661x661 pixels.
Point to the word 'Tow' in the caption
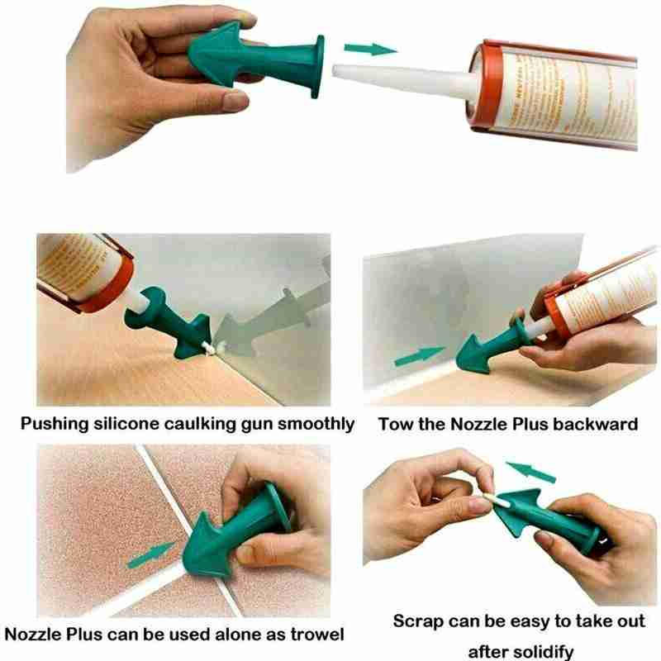(x=395, y=425)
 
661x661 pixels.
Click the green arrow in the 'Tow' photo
(x=420, y=357)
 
